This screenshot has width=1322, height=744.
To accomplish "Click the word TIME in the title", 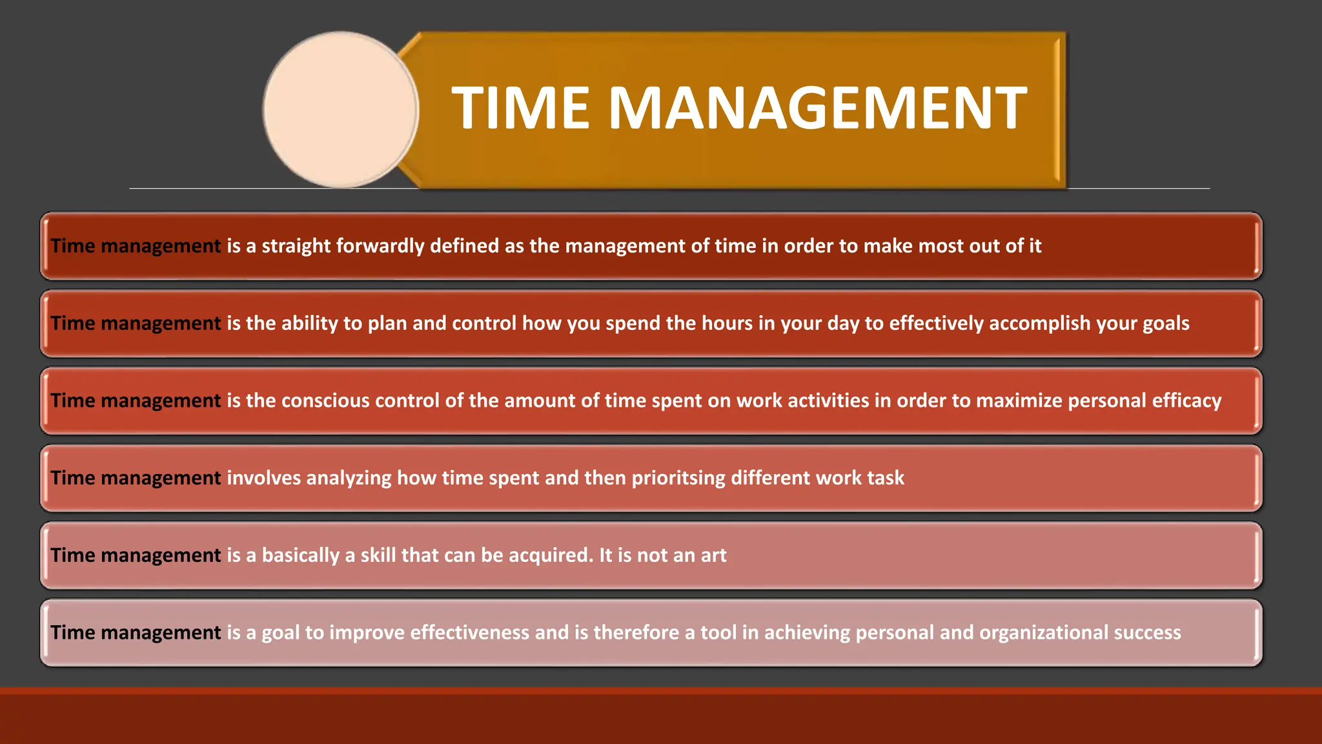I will pos(520,108).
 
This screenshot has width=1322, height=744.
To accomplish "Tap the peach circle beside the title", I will pos(341,110).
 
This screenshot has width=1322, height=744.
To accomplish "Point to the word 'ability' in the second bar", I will pos(310,324).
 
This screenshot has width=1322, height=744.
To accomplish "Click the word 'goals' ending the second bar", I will pos(1166,324).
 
